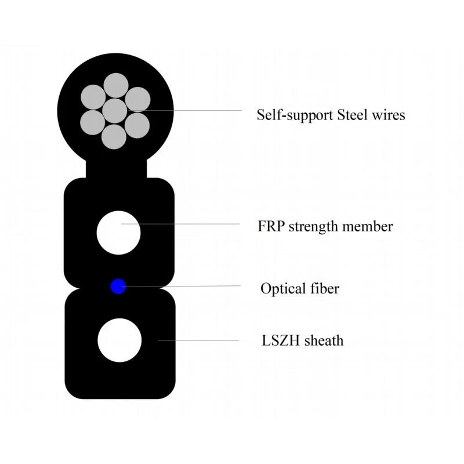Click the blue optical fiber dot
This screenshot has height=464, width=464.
[x=118, y=287]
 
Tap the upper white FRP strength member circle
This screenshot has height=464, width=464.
[x=119, y=233]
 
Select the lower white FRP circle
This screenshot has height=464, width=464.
[x=119, y=340]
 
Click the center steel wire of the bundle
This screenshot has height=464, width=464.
[x=115, y=111]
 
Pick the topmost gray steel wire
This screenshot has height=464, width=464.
[x=116, y=85]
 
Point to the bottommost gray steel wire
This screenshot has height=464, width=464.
[x=114, y=137]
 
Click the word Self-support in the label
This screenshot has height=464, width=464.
[x=295, y=115]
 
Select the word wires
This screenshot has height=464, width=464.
[x=388, y=115]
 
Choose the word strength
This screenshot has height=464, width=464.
[x=313, y=227]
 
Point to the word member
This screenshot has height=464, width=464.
[x=368, y=226]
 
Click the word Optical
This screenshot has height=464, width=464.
[x=283, y=289]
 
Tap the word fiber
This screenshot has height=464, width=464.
[x=325, y=288]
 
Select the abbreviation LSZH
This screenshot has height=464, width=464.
[x=281, y=340]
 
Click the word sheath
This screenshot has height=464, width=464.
[x=324, y=340]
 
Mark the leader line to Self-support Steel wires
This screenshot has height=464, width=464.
[x=185, y=111]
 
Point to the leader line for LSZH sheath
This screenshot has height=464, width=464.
[x=198, y=340]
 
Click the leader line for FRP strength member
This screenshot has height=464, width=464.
[x=180, y=224]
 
